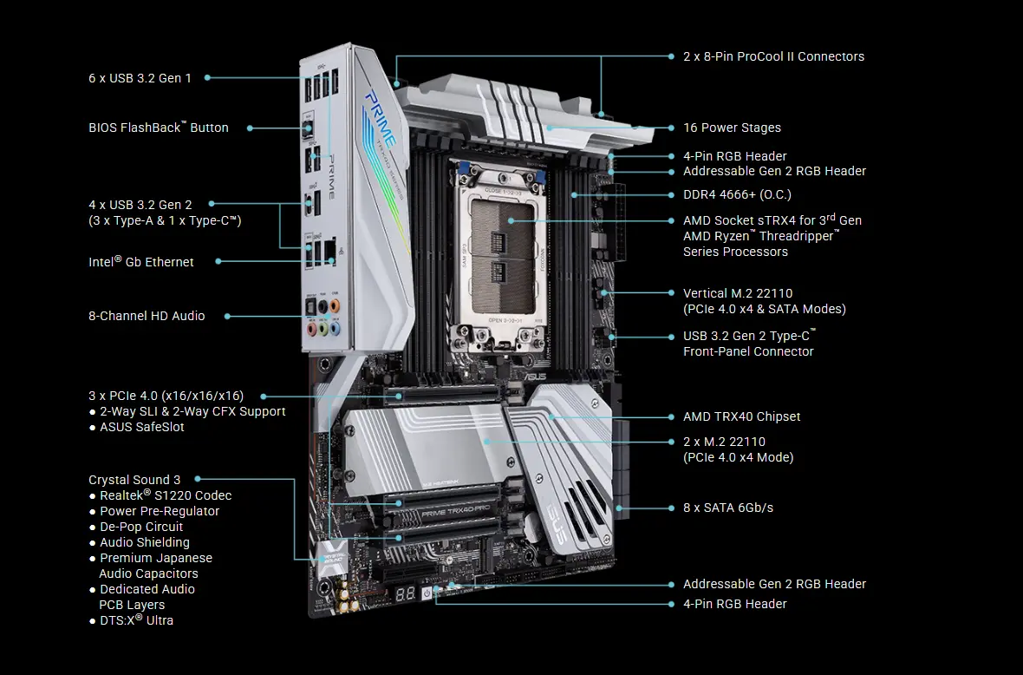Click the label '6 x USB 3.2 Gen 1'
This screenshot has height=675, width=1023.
[140, 78]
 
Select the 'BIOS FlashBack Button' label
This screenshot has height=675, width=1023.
[159, 128]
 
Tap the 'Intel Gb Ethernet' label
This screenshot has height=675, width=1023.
[141, 262]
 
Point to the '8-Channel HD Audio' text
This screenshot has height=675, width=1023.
[147, 316]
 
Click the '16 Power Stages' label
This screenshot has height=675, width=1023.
[732, 128]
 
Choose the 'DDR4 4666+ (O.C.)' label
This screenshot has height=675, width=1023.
[737, 194]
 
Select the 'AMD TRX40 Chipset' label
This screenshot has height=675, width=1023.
[741, 416]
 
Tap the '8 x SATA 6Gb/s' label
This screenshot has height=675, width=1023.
[728, 508]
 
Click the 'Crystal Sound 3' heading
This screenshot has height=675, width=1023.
[134, 480]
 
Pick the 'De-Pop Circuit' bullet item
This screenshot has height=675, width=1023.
[141, 527]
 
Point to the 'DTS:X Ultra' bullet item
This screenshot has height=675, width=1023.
[136, 620]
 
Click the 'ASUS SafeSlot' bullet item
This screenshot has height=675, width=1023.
[142, 427]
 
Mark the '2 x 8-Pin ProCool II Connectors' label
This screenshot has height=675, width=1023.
[773, 56]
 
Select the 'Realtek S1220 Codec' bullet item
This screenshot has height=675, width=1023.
[166, 495]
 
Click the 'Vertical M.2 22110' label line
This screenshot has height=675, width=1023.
[738, 293]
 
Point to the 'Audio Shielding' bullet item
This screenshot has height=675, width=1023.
[145, 542]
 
